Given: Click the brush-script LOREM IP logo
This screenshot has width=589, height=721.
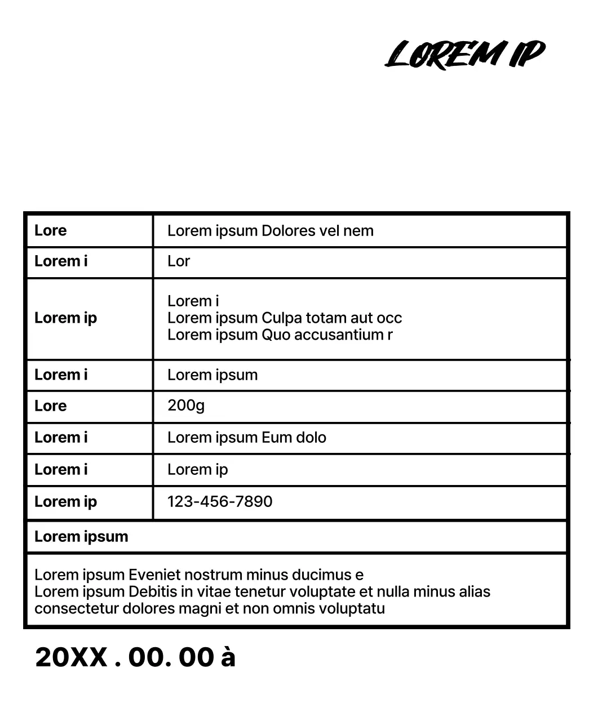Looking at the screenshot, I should pyautogui.click(x=465, y=54).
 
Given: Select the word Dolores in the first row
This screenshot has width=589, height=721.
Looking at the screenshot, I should pyautogui.click(x=288, y=230).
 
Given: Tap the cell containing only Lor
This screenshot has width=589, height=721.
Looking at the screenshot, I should pyautogui.click(x=179, y=261).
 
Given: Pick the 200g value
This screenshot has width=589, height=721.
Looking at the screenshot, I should pyautogui.click(x=186, y=405).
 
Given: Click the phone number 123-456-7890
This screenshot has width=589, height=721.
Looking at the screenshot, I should pyautogui.click(x=220, y=501).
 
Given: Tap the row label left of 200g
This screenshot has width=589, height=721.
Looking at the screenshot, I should pyautogui.click(x=51, y=406).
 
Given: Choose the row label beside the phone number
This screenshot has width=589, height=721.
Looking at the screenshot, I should pyautogui.click(x=65, y=501).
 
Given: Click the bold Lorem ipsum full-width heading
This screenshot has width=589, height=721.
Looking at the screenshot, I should pyautogui.click(x=81, y=536).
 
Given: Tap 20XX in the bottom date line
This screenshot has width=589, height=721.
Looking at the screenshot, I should pyautogui.click(x=71, y=657).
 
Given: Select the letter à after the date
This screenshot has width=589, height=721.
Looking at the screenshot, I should pyautogui.click(x=228, y=657).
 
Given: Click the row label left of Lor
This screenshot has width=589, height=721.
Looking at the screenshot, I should pyautogui.click(x=61, y=261).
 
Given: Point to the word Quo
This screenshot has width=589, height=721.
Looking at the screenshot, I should pyautogui.click(x=274, y=335).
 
